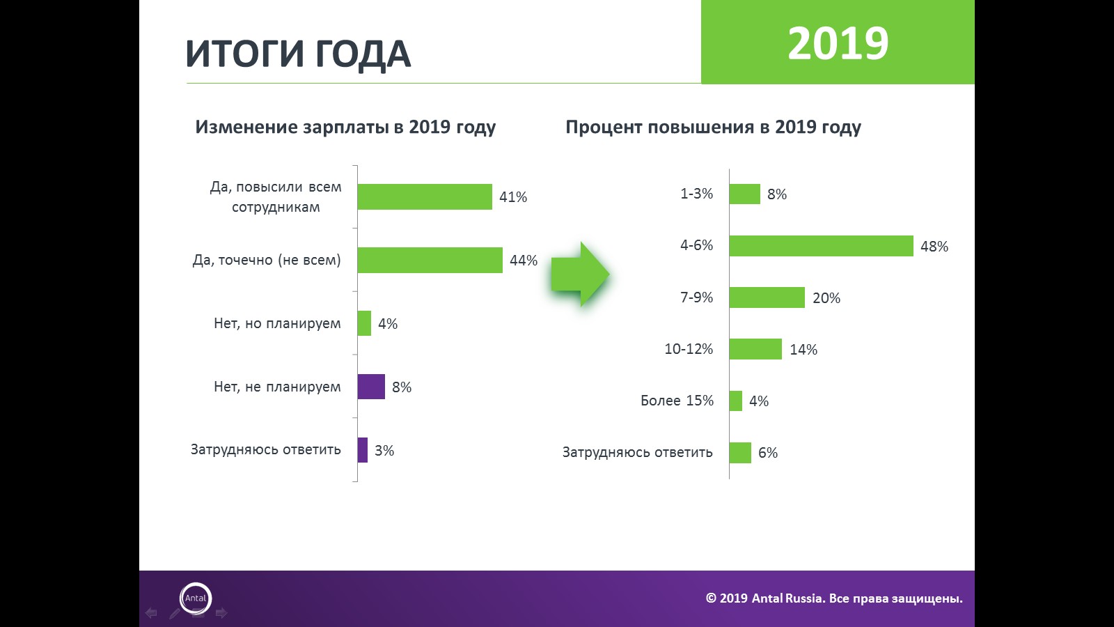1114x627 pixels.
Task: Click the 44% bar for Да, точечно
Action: tap(430, 260)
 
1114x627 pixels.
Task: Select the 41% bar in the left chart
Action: tap(425, 196)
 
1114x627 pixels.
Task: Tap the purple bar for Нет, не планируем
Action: tap(371, 387)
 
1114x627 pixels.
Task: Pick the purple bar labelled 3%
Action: tap(362, 450)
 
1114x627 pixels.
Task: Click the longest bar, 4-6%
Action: tap(821, 246)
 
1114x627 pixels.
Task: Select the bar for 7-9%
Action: tap(767, 297)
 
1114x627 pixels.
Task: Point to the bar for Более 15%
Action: tap(735, 401)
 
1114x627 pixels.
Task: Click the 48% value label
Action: tap(934, 247)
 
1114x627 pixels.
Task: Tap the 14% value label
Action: tap(803, 350)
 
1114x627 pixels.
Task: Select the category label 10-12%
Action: tap(689, 349)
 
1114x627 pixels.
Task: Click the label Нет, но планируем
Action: tap(277, 323)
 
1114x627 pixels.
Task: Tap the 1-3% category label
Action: tap(696, 194)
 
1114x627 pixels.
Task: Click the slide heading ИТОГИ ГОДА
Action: tap(298, 54)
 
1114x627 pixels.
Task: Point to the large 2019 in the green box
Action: tap(838, 43)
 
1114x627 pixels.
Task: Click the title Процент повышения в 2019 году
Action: tap(713, 127)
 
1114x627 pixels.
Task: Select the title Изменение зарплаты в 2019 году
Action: tap(345, 127)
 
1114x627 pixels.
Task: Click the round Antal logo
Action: tap(196, 598)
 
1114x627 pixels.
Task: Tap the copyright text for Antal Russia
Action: tap(834, 598)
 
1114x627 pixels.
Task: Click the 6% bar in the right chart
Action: tap(740, 453)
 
